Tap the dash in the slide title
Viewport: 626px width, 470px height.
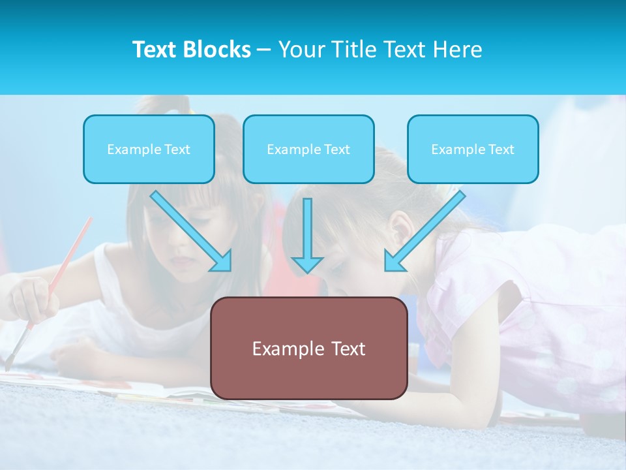point(264,50)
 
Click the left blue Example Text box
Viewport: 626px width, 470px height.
point(149,149)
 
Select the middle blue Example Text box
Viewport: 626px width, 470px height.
point(308,149)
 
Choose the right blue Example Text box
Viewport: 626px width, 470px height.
point(473,149)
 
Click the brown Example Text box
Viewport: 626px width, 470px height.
point(308,348)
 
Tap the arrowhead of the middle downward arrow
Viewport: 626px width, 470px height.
point(307,264)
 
